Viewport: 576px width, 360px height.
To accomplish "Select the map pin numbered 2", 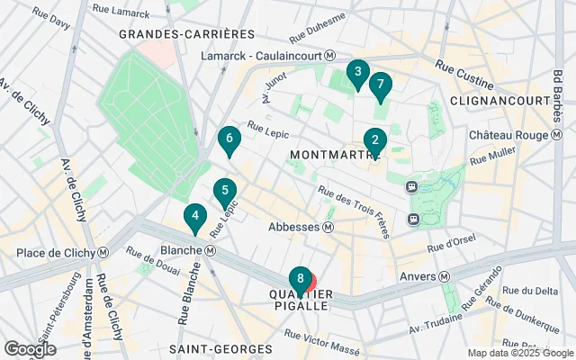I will pyautogui.click(x=374, y=141).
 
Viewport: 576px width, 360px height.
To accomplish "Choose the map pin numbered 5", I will pyautogui.click(x=224, y=192).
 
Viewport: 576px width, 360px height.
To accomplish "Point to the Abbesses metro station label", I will pyautogui.click(x=301, y=227).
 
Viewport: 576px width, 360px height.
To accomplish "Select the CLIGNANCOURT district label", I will pyautogui.click(x=499, y=100).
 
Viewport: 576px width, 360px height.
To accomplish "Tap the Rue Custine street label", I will pyautogui.click(x=458, y=68).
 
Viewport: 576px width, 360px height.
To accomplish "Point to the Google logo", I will pyautogui.click(x=30, y=348).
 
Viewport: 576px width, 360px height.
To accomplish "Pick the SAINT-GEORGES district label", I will pyautogui.click(x=220, y=348).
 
